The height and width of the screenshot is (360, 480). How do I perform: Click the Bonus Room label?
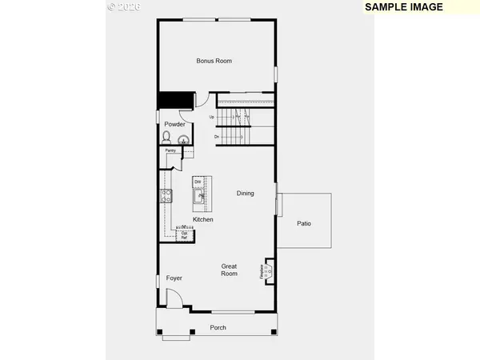[x=214, y=61]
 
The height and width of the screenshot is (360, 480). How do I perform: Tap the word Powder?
[x=174, y=124]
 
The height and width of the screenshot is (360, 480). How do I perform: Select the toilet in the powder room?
[x=166, y=138]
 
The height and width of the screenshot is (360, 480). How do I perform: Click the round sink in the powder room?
[x=184, y=138]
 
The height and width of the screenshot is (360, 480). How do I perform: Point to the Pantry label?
[x=170, y=150]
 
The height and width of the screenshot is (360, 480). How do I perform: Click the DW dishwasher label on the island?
[x=198, y=182]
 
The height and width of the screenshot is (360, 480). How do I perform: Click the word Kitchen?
[x=203, y=219]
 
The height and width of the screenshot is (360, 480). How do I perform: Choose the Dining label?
[x=245, y=193]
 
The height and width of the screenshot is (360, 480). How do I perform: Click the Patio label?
[x=303, y=223]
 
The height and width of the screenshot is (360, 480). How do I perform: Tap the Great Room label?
[x=230, y=270]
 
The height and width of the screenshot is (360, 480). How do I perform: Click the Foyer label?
[x=174, y=278]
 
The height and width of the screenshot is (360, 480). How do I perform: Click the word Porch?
[x=218, y=327]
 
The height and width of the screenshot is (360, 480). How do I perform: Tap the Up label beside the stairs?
[x=212, y=118]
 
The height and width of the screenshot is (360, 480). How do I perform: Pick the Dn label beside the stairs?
[x=217, y=137]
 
